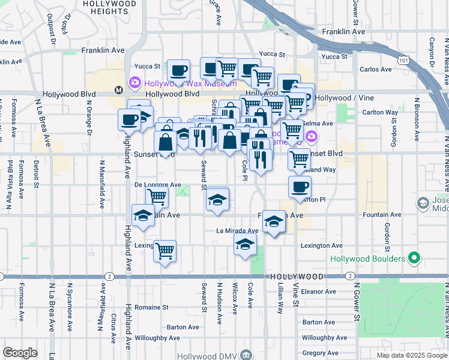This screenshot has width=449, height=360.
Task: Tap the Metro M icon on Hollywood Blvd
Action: [x=118, y=90]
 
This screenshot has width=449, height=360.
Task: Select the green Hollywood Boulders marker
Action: [x=413, y=259]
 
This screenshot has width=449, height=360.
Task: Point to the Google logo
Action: [x=20, y=352]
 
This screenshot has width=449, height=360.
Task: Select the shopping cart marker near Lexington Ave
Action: [x=164, y=251]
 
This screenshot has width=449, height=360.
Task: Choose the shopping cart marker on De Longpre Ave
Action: [x=157, y=196]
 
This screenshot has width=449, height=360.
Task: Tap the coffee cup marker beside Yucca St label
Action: [x=178, y=70]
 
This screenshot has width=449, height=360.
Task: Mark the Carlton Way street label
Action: [x=380, y=112]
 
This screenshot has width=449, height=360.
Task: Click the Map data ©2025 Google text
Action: [x=411, y=355]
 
